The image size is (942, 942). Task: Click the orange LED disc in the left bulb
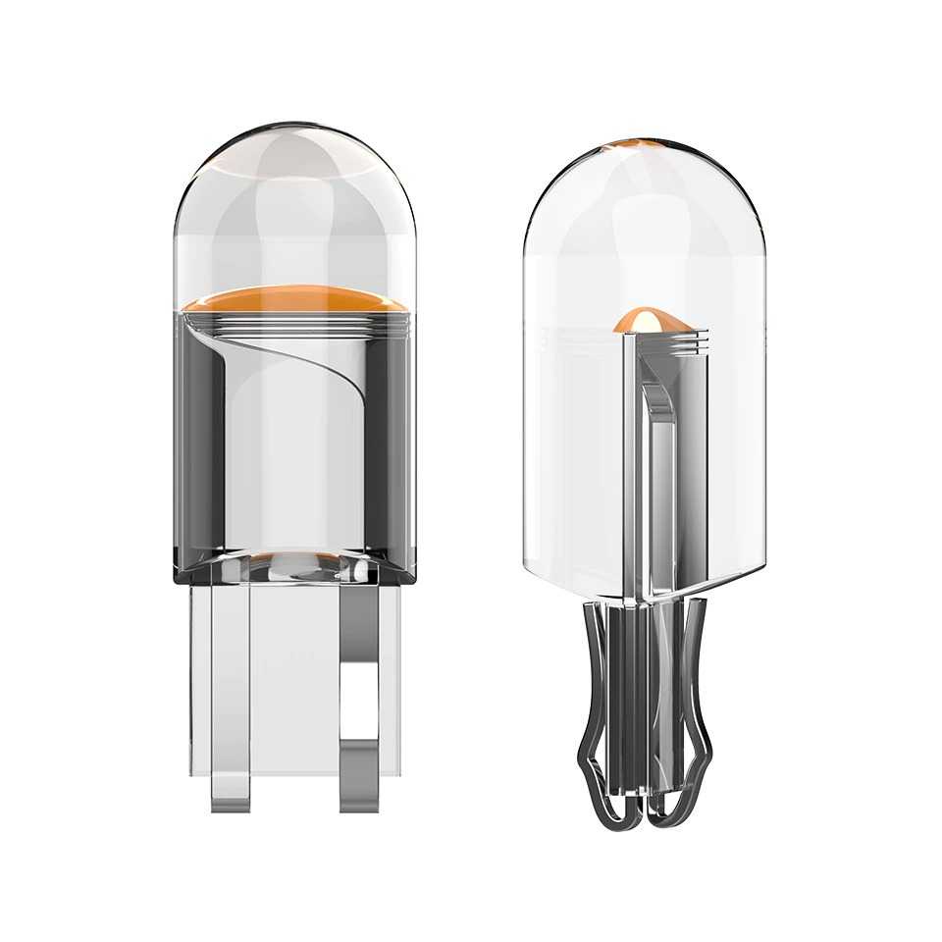(294, 298)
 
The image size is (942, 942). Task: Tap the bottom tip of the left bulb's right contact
(359, 800)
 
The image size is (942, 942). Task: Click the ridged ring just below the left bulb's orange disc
(294, 319)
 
